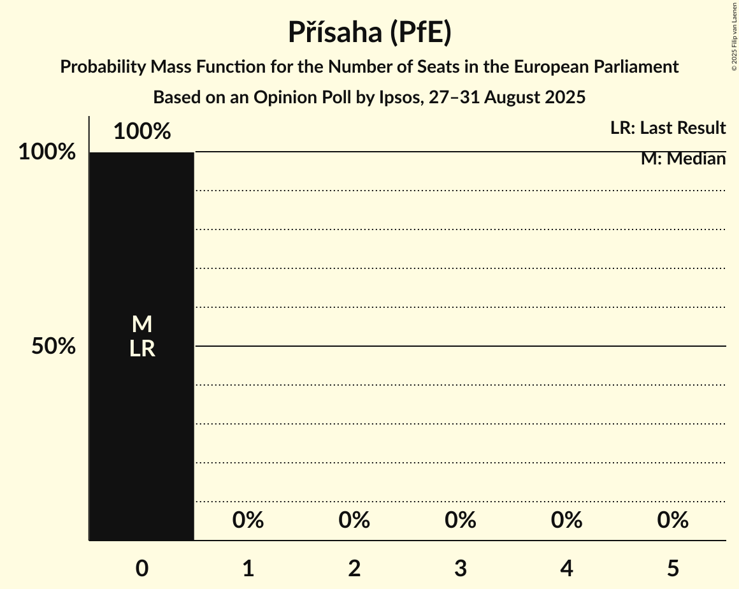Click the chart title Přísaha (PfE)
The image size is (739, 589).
(369, 32)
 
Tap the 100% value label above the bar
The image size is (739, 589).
(142, 132)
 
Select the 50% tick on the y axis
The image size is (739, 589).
(54, 347)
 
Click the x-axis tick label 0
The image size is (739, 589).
(142, 569)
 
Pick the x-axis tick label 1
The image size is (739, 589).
(248, 569)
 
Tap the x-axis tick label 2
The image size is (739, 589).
(354, 569)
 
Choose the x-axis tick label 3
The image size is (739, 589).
(461, 569)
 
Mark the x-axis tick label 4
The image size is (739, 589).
(567, 569)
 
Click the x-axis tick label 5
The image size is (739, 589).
(673, 569)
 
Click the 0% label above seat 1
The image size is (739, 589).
(248, 521)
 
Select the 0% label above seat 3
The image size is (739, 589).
(461, 521)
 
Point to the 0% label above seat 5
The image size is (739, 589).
(673, 521)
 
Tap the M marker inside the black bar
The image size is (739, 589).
(142, 324)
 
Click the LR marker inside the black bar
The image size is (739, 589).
(142, 349)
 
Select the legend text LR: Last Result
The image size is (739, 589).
(668, 128)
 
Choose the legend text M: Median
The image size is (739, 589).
(683, 159)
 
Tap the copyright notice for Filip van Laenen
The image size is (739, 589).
(734, 36)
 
